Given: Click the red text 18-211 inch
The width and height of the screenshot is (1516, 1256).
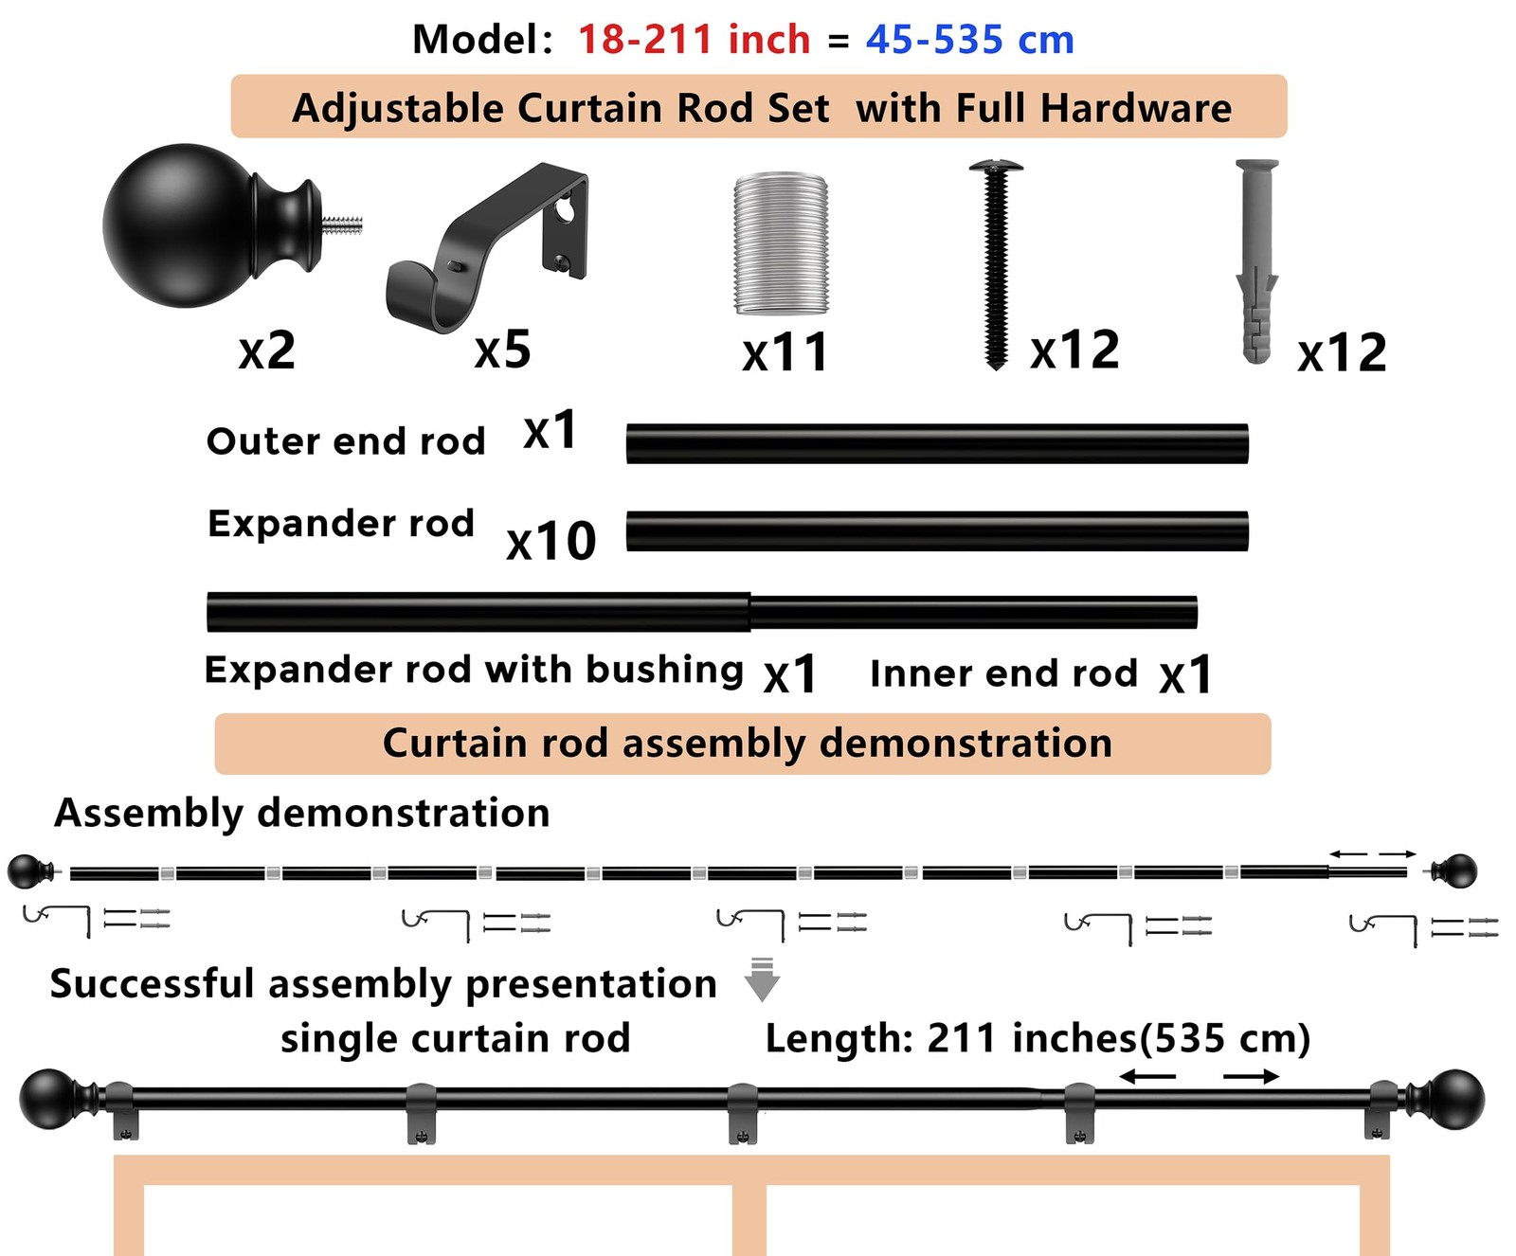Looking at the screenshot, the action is (694, 40).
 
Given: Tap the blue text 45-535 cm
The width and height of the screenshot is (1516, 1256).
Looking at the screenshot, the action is (969, 40).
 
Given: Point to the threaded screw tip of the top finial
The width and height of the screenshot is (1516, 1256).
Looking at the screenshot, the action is (342, 225).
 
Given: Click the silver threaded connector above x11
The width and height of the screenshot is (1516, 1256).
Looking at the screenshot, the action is (781, 243).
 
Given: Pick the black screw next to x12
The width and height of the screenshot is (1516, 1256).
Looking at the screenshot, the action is (995, 264).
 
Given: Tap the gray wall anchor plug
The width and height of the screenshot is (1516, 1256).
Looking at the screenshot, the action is (1257, 261).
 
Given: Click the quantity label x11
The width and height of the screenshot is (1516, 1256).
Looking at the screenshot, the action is (785, 353).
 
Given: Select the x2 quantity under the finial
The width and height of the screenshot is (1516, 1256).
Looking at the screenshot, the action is (267, 351).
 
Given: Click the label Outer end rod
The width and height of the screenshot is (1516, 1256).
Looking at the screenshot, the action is (346, 441).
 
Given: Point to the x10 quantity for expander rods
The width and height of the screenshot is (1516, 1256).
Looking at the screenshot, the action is (550, 542).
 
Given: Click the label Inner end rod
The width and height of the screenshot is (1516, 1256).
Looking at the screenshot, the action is (1003, 673).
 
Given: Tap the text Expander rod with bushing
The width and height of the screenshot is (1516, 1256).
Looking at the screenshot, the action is (474, 670).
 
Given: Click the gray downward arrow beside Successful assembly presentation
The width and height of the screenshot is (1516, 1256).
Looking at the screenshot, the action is (762, 979).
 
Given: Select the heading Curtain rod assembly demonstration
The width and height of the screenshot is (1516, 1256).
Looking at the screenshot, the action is (747, 744).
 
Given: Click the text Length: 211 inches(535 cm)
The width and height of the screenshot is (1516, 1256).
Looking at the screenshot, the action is (1038, 1039).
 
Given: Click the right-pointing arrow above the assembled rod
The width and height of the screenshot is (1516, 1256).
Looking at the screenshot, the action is (1251, 1076).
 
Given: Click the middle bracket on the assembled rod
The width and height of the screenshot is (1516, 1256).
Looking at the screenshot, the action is (743, 1113).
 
